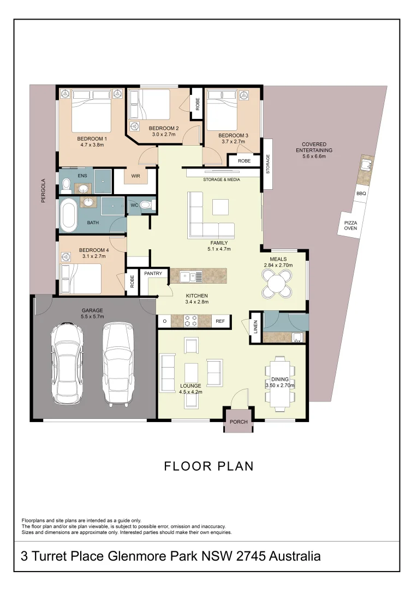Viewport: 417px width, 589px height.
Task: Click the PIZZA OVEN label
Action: [x=350, y=225]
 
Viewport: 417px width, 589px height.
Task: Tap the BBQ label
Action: [x=361, y=194]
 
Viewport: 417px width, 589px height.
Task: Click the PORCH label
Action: [x=239, y=422]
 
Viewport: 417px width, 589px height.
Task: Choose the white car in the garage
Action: [x=68, y=363]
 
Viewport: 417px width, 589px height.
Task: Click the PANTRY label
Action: [x=153, y=274]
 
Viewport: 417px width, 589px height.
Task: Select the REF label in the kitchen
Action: [x=221, y=321]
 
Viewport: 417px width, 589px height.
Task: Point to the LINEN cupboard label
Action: [x=255, y=327]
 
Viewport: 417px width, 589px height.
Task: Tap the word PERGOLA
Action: [x=43, y=191]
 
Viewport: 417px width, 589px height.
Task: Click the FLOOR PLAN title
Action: [x=209, y=466]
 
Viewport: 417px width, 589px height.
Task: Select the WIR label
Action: [x=135, y=176]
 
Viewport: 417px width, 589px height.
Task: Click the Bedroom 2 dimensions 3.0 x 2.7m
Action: [x=163, y=134]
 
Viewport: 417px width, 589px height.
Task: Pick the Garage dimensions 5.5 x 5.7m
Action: [x=92, y=316]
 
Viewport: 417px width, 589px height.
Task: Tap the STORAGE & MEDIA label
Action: [x=222, y=179]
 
